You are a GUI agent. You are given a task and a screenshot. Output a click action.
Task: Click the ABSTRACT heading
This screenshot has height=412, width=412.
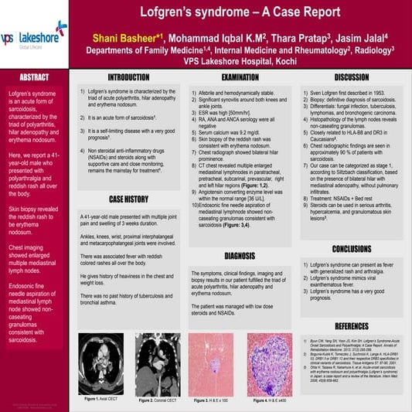(x=34, y=78)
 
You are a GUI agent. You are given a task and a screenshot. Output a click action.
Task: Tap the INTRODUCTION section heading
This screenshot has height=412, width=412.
(x=128, y=77)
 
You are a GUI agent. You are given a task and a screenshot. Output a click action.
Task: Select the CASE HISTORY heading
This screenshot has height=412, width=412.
(x=128, y=199)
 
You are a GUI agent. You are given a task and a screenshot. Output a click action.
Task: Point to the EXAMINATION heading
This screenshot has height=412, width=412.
(x=240, y=77)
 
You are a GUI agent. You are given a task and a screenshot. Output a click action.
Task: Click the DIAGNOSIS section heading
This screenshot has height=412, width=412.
(x=240, y=255)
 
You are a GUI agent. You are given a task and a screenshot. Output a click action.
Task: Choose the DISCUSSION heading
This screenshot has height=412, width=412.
(x=351, y=77)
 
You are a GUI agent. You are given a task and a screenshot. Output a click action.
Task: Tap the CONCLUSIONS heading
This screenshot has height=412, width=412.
(x=351, y=249)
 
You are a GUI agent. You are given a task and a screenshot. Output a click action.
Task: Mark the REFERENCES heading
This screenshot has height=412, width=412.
(x=351, y=325)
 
